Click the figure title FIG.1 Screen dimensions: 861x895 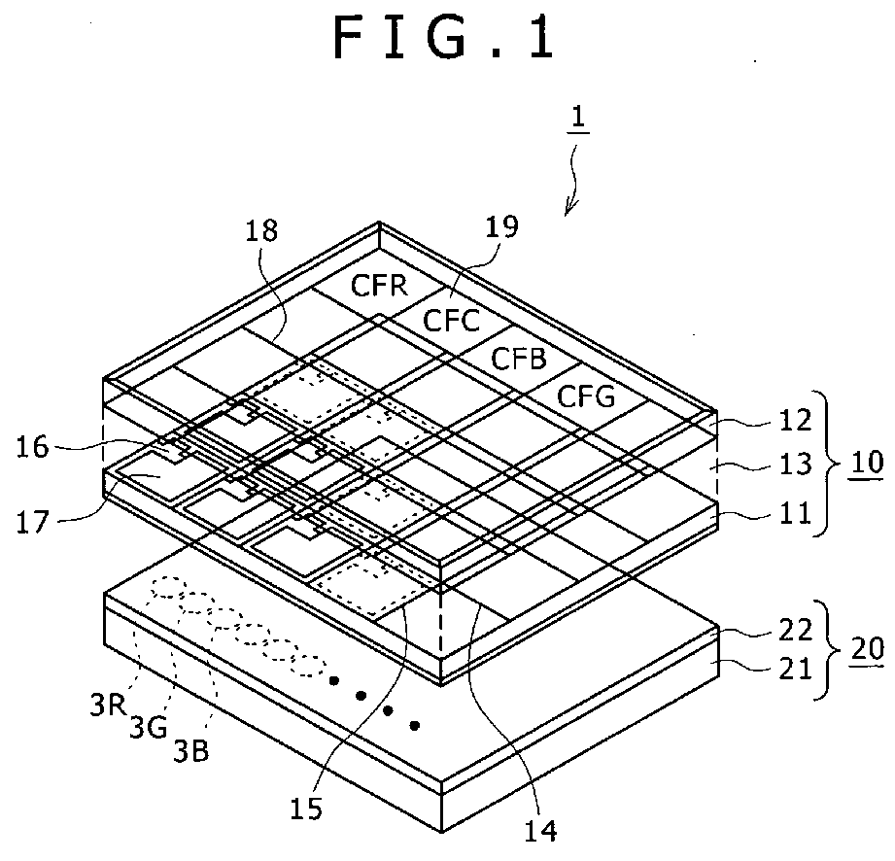(x=446, y=39)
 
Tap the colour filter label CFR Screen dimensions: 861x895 (x=380, y=288)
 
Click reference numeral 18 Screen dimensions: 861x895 (x=261, y=230)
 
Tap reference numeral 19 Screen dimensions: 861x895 (x=503, y=227)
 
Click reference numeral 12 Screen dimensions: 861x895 (x=795, y=424)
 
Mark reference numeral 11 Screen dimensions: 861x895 (x=795, y=513)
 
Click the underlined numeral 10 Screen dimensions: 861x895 (x=862, y=462)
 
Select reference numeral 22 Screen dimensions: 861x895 (x=795, y=630)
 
